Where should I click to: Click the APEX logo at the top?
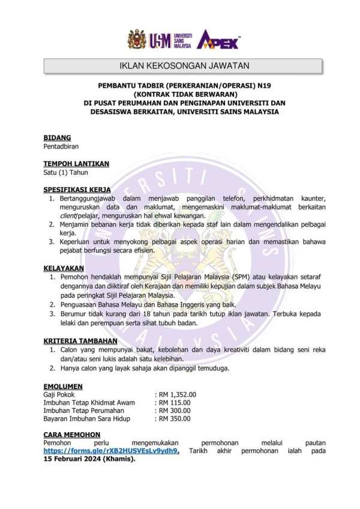[x=219, y=39]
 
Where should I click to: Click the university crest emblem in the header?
[x=137, y=40]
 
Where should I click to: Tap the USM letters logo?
[x=161, y=40]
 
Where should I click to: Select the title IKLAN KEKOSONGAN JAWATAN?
[x=180, y=65]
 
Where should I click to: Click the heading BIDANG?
[x=57, y=137]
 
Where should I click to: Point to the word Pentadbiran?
[x=61, y=146]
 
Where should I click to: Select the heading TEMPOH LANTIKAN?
[x=76, y=163]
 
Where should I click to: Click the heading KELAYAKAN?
[x=64, y=268]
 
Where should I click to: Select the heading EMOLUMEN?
[x=63, y=386]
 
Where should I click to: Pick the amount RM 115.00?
[x=175, y=403]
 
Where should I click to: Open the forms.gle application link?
[x=112, y=451]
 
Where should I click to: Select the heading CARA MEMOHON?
[x=72, y=435]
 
